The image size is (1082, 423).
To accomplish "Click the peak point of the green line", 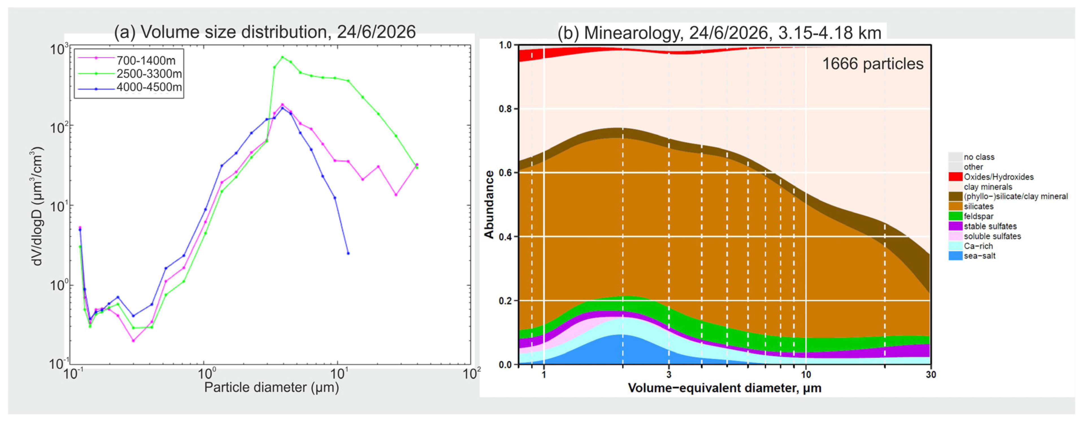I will click(x=282, y=57).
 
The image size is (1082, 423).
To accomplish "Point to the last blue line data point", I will click(x=348, y=253).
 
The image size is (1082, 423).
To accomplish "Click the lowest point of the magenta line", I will click(x=133, y=341).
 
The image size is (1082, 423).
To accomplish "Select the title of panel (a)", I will click(x=265, y=32).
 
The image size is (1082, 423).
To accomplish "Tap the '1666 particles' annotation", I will click(x=872, y=64).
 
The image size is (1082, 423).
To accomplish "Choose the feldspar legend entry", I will click(x=978, y=216).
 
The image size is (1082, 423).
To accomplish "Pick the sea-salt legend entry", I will click(x=979, y=256).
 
